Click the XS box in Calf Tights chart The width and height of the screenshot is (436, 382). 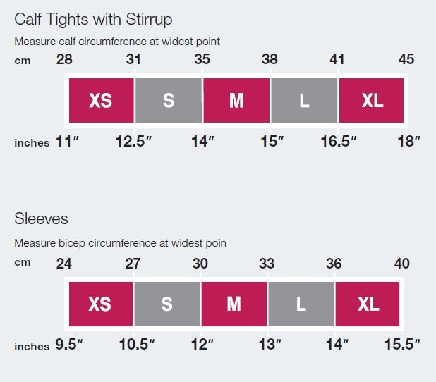(x=101, y=100)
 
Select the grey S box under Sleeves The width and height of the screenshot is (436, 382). (x=166, y=304)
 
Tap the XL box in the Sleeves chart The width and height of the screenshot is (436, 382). (x=368, y=304)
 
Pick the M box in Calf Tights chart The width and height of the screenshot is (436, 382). (x=236, y=100)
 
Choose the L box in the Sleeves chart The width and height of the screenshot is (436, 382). (x=301, y=304)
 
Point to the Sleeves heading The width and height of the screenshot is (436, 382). (x=41, y=218)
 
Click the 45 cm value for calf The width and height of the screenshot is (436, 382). (x=406, y=59)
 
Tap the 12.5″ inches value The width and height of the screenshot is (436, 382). (x=134, y=142)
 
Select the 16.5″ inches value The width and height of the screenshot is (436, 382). (x=339, y=142)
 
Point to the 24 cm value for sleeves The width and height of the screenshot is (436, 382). (x=64, y=264)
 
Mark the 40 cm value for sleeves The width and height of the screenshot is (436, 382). (x=401, y=264)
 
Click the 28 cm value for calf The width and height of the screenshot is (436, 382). (x=64, y=59)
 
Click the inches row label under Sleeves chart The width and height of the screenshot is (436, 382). (x=32, y=347)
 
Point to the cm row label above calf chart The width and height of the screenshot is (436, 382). (x=22, y=61)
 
